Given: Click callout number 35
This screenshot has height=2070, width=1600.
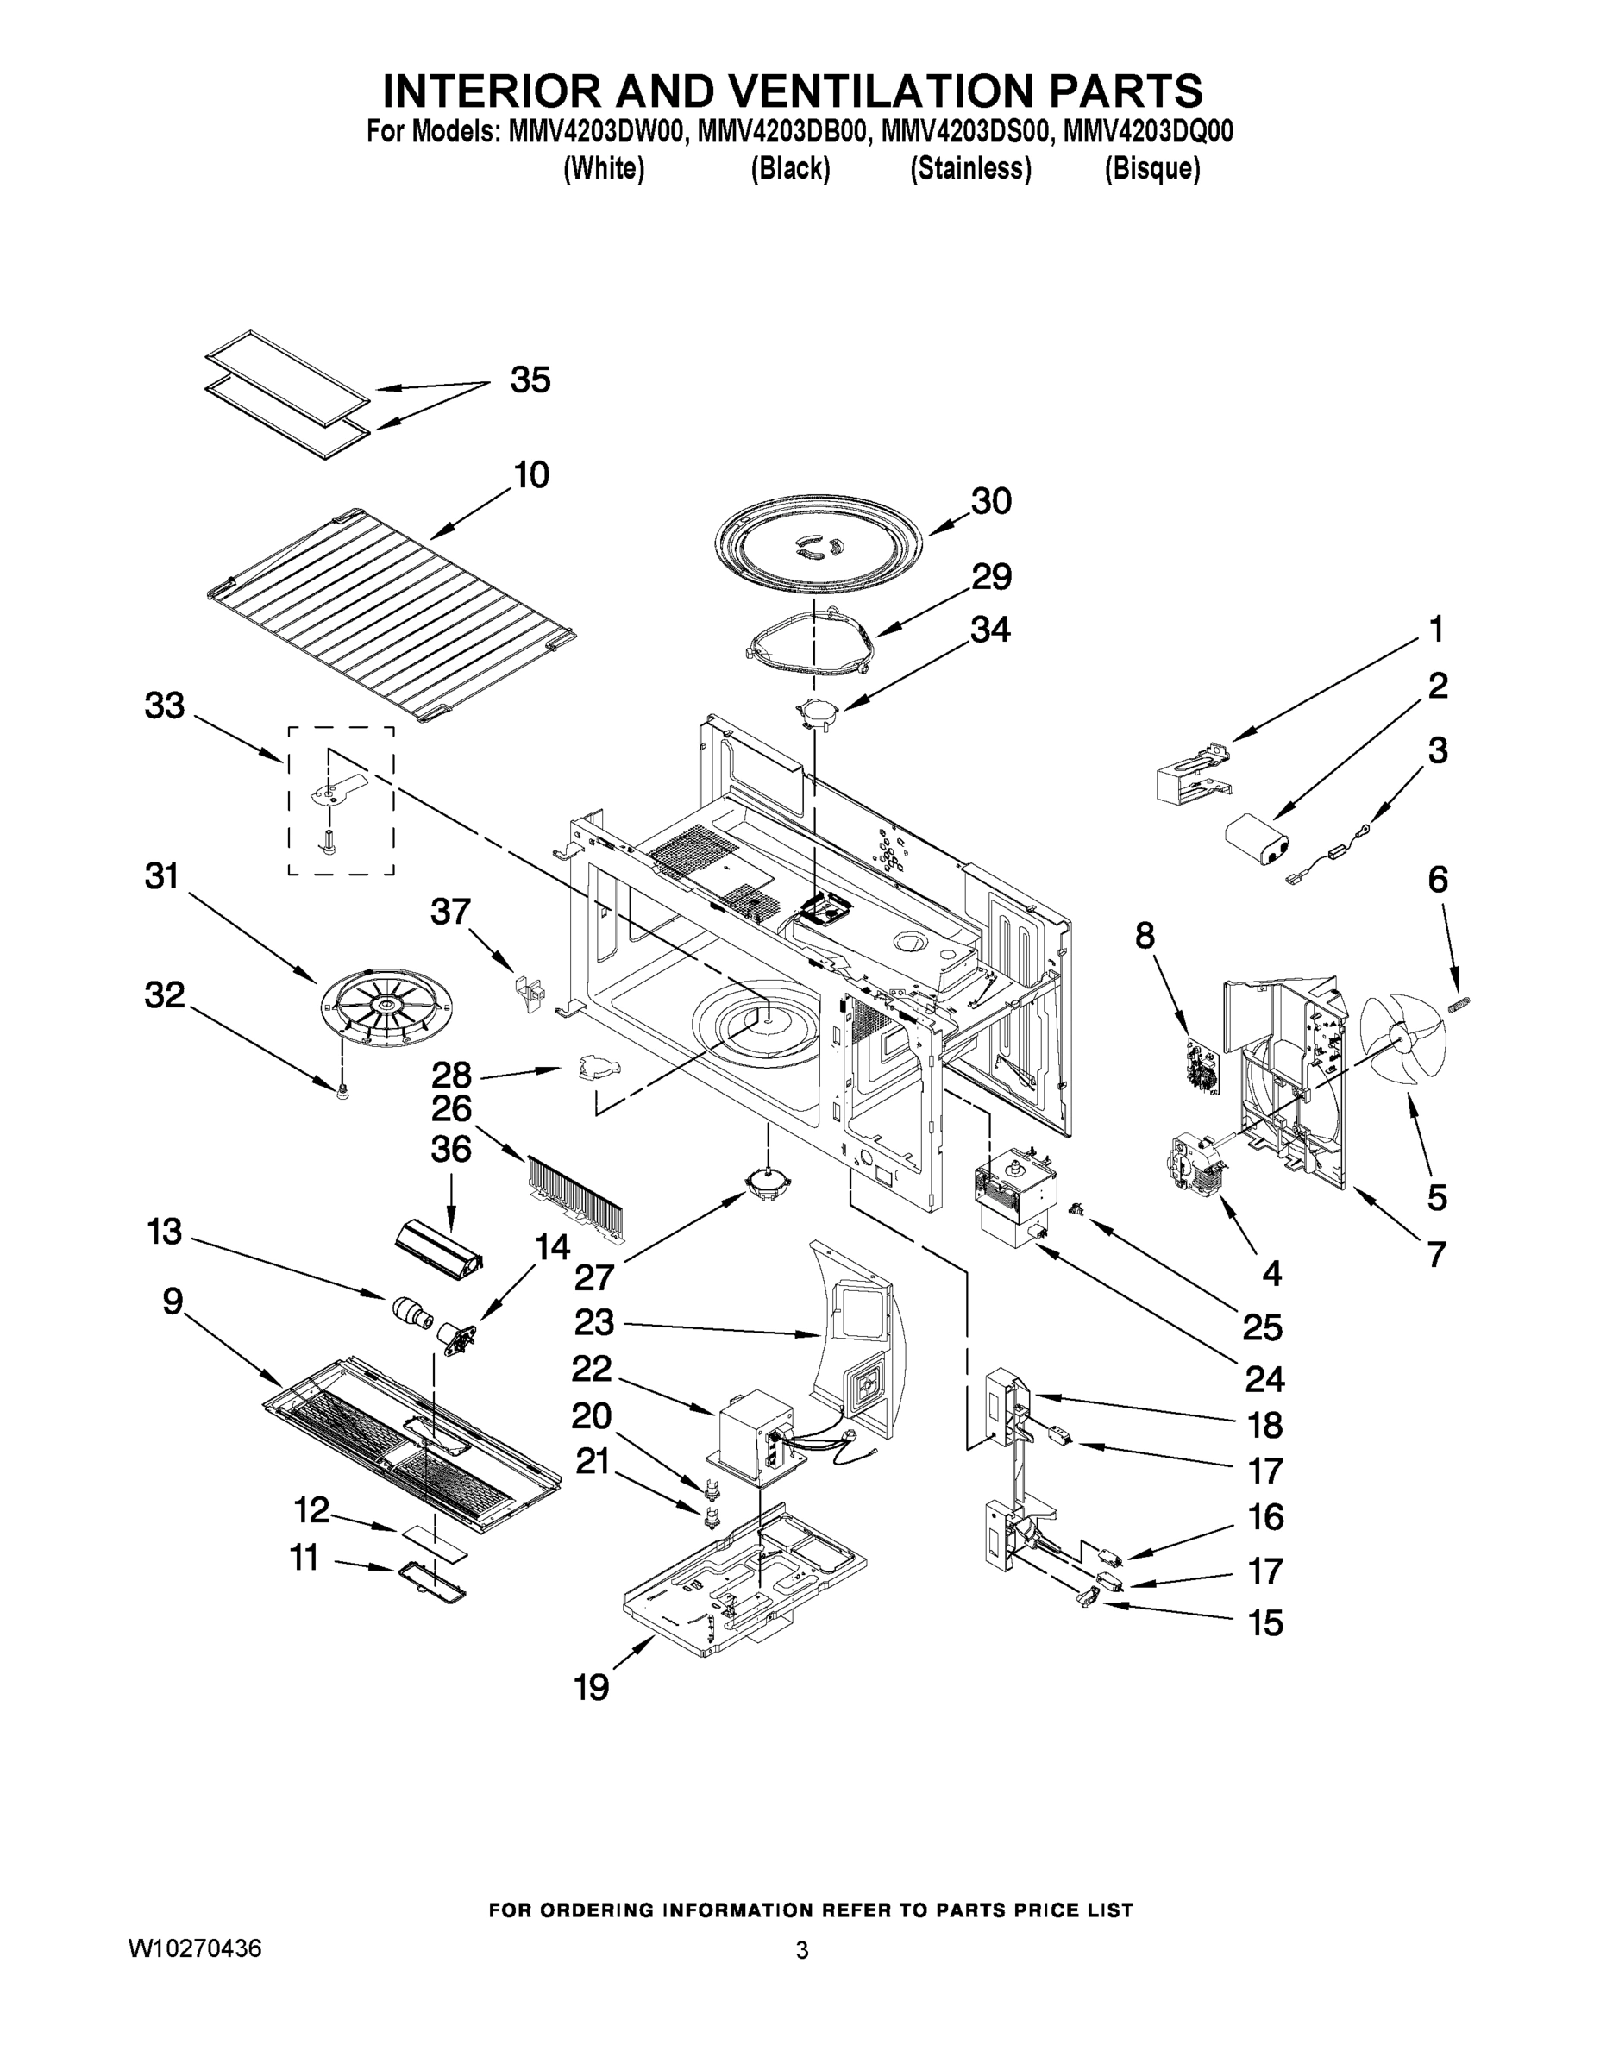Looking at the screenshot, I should coord(530,380).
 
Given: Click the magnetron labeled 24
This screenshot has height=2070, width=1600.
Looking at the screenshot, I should coord(1014,1199).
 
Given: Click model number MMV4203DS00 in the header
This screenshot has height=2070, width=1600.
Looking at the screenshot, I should coord(966,133).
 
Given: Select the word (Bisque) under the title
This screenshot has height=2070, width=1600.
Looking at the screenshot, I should coord(1151,169).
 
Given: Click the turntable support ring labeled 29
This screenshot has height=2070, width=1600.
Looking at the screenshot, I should coord(808,646).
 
